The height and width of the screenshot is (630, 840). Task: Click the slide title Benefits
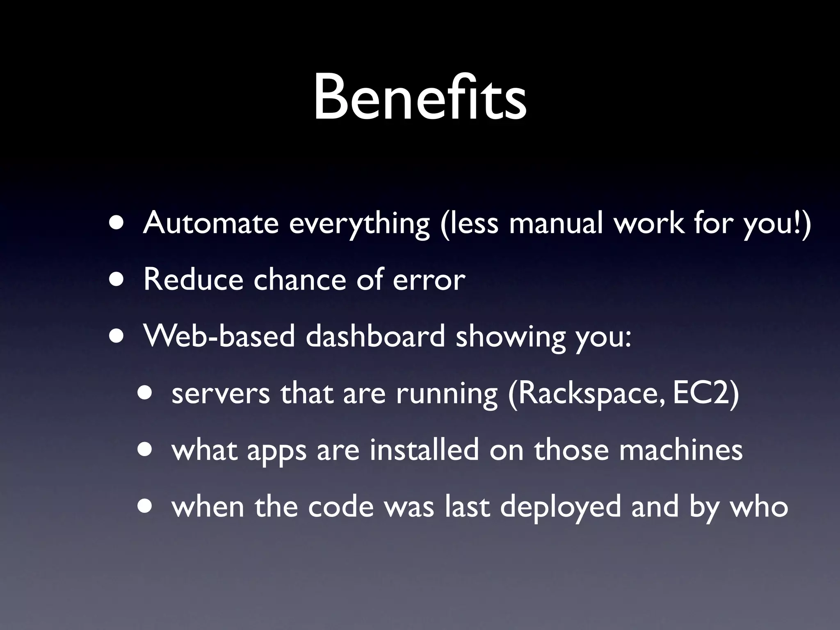[420, 98]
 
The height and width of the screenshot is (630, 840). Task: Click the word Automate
[211, 223]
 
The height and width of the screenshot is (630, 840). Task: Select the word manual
[556, 223]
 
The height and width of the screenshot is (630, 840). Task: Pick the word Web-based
[219, 336]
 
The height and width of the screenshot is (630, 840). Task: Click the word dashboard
[375, 336]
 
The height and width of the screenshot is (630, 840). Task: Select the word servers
[221, 394]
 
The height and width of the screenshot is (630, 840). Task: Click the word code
[341, 507]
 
